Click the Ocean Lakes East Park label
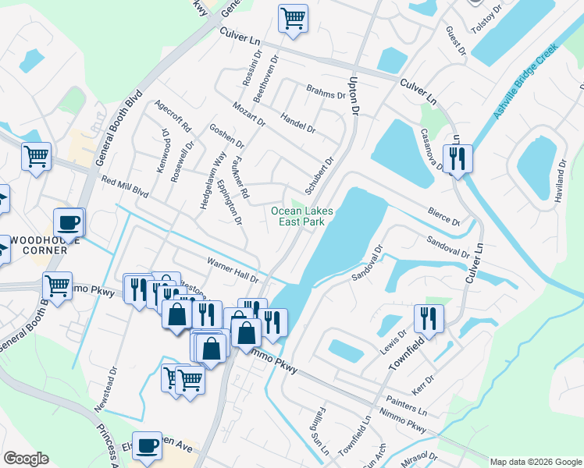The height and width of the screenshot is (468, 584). tap(301, 216)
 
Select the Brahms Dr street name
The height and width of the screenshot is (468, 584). tap(326, 92)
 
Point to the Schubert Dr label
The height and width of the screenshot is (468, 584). tap(319, 175)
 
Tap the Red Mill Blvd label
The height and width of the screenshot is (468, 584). tap(125, 185)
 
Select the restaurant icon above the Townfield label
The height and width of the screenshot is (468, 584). tap(429, 317)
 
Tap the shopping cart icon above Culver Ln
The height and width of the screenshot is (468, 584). tap(293, 17)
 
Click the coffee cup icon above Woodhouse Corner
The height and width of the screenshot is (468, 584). tap(69, 222)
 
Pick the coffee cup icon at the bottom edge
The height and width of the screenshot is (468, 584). tap(147, 445)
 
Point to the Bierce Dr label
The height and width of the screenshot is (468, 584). tap(444, 216)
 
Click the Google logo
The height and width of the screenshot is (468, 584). tap(26, 459)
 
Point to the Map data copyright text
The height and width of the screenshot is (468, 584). tap(535, 462)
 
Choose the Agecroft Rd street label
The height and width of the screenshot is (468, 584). tap(174, 115)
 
